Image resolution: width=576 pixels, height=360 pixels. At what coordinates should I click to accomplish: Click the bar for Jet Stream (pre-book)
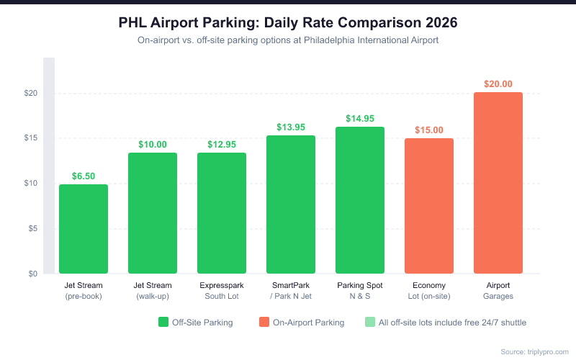tap(84, 229)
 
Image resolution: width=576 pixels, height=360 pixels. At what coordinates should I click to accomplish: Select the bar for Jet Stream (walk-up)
tap(153, 213)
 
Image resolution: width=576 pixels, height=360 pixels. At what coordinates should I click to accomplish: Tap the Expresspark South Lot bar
tap(222, 213)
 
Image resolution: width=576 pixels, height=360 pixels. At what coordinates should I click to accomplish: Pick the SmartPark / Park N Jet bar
tap(291, 204)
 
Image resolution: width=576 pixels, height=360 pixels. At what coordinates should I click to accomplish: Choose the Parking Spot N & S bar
tap(360, 200)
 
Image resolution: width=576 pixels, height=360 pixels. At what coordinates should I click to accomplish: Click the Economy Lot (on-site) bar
tap(429, 206)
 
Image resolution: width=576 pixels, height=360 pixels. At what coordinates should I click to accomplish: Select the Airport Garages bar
tap(498, 183)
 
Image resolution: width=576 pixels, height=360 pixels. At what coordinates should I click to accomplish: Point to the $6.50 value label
tap(84, 176)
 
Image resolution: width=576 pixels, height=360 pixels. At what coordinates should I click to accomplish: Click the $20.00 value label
tap(498, 84)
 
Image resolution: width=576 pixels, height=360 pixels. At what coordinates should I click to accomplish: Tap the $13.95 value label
tap(291, 127)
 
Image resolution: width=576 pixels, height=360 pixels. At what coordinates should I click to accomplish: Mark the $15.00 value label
tap(429, 130)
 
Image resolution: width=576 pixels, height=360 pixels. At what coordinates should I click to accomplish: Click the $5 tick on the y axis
tap(32, 229)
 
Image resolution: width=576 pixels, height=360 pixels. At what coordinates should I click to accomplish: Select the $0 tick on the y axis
tap(32, 274)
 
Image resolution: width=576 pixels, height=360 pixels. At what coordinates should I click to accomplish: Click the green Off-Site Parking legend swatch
tap(163, 323)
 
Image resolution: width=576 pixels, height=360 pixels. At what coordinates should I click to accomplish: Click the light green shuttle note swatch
tap(370, 323)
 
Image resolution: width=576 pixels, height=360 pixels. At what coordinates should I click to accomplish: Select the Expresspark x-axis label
tap(222, 286)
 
